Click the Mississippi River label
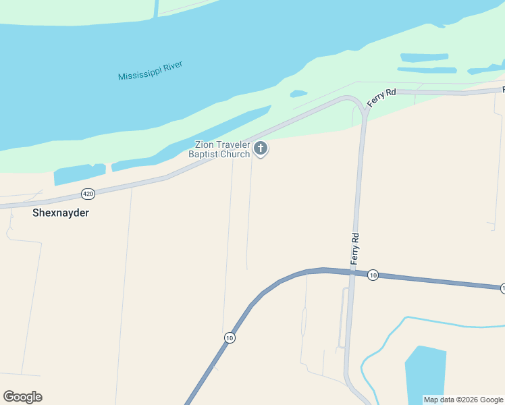point(151,71)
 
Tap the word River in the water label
point(169,68)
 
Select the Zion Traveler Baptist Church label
point(222,149)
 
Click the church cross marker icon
point(261,148)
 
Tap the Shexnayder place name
point(61,213)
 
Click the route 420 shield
point(88,194)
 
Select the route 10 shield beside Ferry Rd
point(373,275)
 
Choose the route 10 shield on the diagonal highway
point(230,337)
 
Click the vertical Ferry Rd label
point(354,248)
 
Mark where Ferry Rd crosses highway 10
point(352,272)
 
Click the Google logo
point(22,397)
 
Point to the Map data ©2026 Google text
point(463,400)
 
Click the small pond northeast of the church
point(298,94)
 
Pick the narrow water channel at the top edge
point(157,7)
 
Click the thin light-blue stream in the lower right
point(446,323)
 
